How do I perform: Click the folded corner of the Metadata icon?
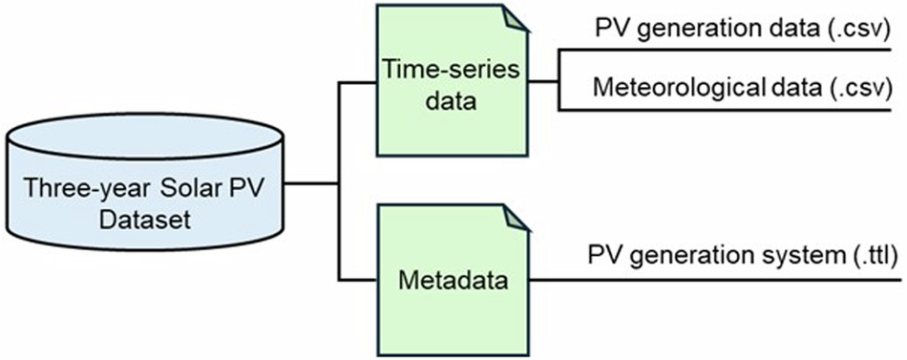pyautogui.click(x=516, y=216)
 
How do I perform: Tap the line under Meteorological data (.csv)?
pyautogui.click(x=726, y=110)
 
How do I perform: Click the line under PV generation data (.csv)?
pyautogui.click(x=726, y=50)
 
